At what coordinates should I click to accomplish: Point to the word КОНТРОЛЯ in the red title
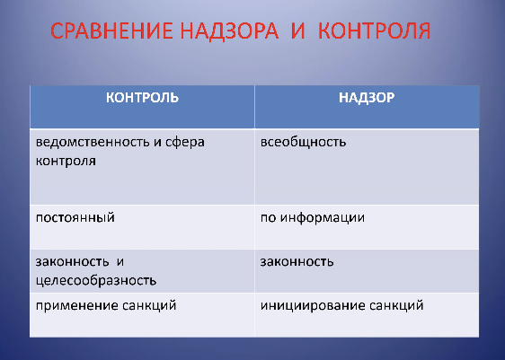374,31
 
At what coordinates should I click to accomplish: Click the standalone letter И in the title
298,31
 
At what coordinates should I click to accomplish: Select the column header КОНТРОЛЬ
142,97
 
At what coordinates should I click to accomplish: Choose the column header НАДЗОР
367,97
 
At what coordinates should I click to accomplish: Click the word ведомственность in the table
93,142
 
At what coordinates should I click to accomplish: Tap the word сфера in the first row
184,142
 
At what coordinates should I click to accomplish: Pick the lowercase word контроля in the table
66,161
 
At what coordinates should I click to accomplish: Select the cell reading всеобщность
303,142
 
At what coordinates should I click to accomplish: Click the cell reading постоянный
75,218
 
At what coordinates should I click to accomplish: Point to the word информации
322,218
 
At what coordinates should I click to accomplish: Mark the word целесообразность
96,280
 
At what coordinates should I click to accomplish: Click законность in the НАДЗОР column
297,262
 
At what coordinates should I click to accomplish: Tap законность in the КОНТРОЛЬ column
72,262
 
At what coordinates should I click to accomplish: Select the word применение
73,305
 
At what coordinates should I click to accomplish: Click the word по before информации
269,218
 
